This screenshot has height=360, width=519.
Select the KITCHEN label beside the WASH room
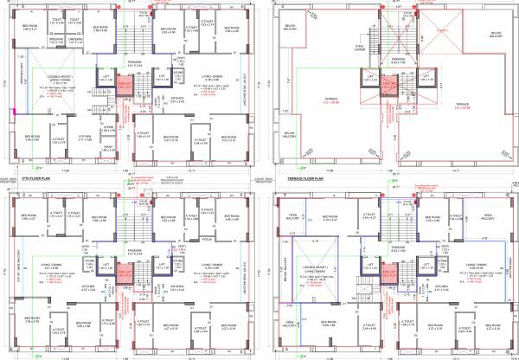coord(86,137)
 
